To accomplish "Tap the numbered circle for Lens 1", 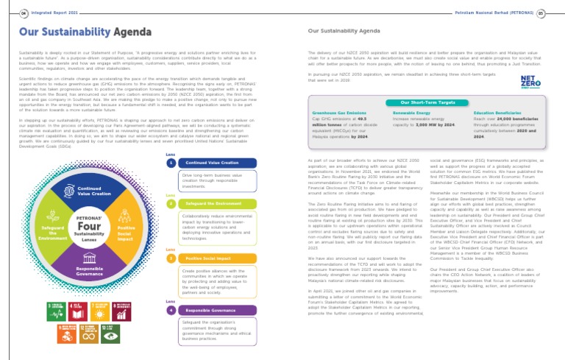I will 171,163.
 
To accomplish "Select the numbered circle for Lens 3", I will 171,258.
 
